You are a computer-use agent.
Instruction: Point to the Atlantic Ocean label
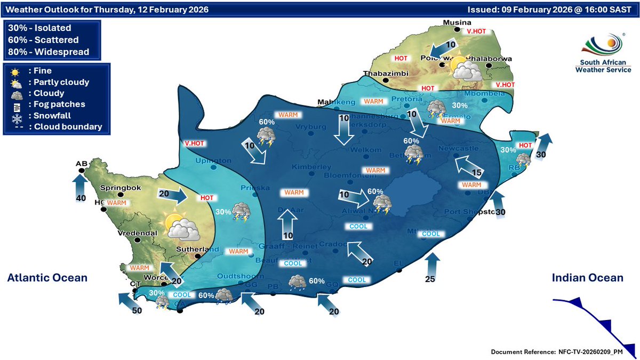pos(47,277)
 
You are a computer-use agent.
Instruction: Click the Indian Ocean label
pos(587,277)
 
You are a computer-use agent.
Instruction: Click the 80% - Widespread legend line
pos(49,52)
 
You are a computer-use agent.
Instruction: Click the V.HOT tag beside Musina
pos(476,32)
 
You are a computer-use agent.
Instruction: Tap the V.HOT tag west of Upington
pos(195,143)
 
